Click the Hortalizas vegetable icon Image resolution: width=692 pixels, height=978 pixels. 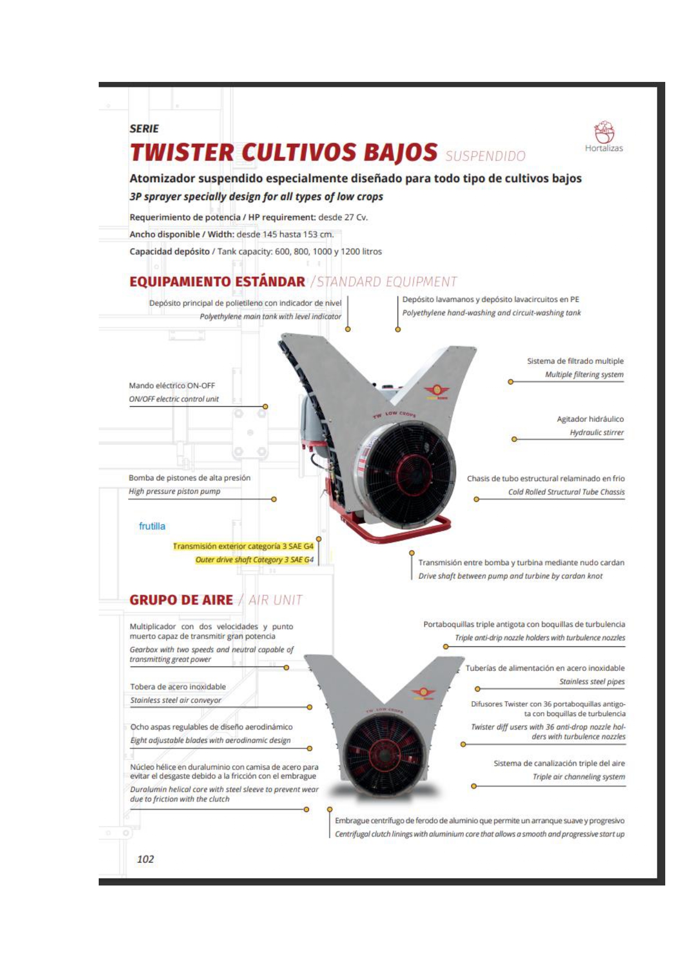click(x=604, y=133)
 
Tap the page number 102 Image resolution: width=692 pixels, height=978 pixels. click(x=145, y=859)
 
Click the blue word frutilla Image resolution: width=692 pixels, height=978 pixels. click(x=152, y=526)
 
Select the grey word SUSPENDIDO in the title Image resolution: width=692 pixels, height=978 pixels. click(x=485, y=156)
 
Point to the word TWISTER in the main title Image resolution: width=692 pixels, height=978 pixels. click(x=182, y=153)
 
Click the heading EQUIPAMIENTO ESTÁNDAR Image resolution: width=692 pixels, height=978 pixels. click(x=217, y=281)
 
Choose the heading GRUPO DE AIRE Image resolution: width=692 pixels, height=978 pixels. click(x=181, y=600)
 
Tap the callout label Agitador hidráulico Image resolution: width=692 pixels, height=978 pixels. click(x=590, y=419)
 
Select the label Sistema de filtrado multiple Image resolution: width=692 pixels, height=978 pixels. click(x=575, y=361)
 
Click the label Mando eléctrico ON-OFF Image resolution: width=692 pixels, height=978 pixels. click(x=172, y=386)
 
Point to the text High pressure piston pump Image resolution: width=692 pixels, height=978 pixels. click(x=175, y=492)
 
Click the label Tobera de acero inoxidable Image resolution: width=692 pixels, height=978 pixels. click(x=178, y=687)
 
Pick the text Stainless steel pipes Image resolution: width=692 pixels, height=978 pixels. click(x=592, y=682)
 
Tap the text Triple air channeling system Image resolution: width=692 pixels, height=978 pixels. click(x=578, y=777)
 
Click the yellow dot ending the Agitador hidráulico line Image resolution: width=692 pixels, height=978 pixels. click(x=514, y=439)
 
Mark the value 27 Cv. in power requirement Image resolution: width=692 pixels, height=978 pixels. click(x=355, y=217)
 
